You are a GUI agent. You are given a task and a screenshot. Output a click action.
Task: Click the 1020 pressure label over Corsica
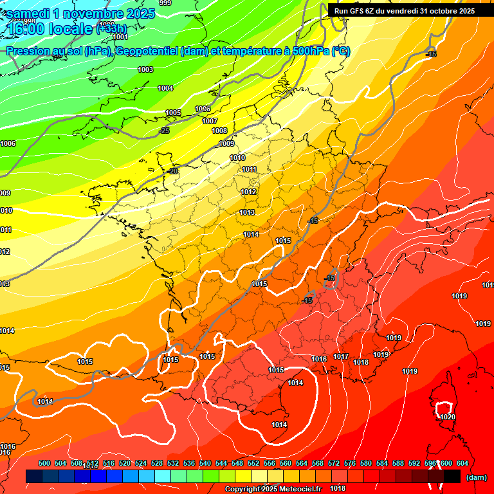tap(448, 417)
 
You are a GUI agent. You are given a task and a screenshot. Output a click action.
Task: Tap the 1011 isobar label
tap(249, 170)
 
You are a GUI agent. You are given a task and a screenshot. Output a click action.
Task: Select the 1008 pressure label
tap(219, 131)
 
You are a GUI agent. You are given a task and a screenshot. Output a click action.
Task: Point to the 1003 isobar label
tap(145, 69)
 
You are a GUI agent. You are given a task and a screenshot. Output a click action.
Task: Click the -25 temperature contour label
tap(165, 131)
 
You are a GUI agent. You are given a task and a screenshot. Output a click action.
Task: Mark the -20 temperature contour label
tap(172, 172)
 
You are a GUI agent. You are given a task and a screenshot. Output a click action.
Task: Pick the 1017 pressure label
tap(341, 357)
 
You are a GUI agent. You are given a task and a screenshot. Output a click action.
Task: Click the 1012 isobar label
tap(248, 192)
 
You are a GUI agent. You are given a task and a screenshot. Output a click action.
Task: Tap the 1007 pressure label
tap(210, 121)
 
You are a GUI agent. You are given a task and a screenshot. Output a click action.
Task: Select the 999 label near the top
tap(165, 3)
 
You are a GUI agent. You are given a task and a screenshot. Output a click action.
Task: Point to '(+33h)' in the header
tap(111, 28)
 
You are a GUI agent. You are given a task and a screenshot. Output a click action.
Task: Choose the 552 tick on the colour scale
tap(254, 463)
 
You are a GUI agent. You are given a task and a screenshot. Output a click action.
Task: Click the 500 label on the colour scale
tap(44, 463)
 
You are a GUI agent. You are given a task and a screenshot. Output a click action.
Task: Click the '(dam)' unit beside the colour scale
tap(477, 477)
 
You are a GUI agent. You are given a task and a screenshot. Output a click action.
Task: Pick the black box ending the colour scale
tap(452, 477)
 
